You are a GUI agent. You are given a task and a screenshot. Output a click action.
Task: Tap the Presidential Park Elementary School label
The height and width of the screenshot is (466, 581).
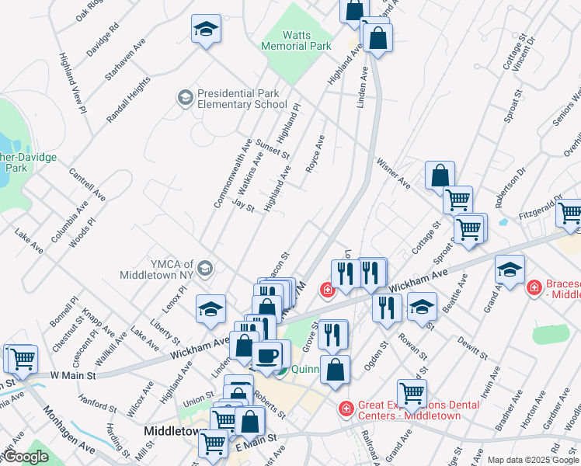tap(242, 99)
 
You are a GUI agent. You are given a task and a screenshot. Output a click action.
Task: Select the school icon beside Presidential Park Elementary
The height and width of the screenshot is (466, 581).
tap(185, 97)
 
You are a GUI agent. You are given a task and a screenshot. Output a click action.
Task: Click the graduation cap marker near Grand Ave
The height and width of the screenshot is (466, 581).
tap(510, 270)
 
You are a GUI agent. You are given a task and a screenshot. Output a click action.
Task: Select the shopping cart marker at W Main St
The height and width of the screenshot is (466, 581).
tap(23, 359)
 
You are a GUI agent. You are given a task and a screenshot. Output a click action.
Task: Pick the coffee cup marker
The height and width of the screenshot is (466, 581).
tap(267, 355)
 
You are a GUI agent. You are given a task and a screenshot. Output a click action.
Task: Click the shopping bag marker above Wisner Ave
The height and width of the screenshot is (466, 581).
tap(440, 175)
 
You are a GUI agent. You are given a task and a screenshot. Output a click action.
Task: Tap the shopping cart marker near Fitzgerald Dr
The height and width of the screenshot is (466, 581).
tap(571, 213)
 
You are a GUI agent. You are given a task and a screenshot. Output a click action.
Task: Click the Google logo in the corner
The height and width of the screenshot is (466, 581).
tap(25, 457)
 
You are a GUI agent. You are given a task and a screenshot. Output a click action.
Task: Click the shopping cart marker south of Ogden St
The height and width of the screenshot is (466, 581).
tap(411, 392)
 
